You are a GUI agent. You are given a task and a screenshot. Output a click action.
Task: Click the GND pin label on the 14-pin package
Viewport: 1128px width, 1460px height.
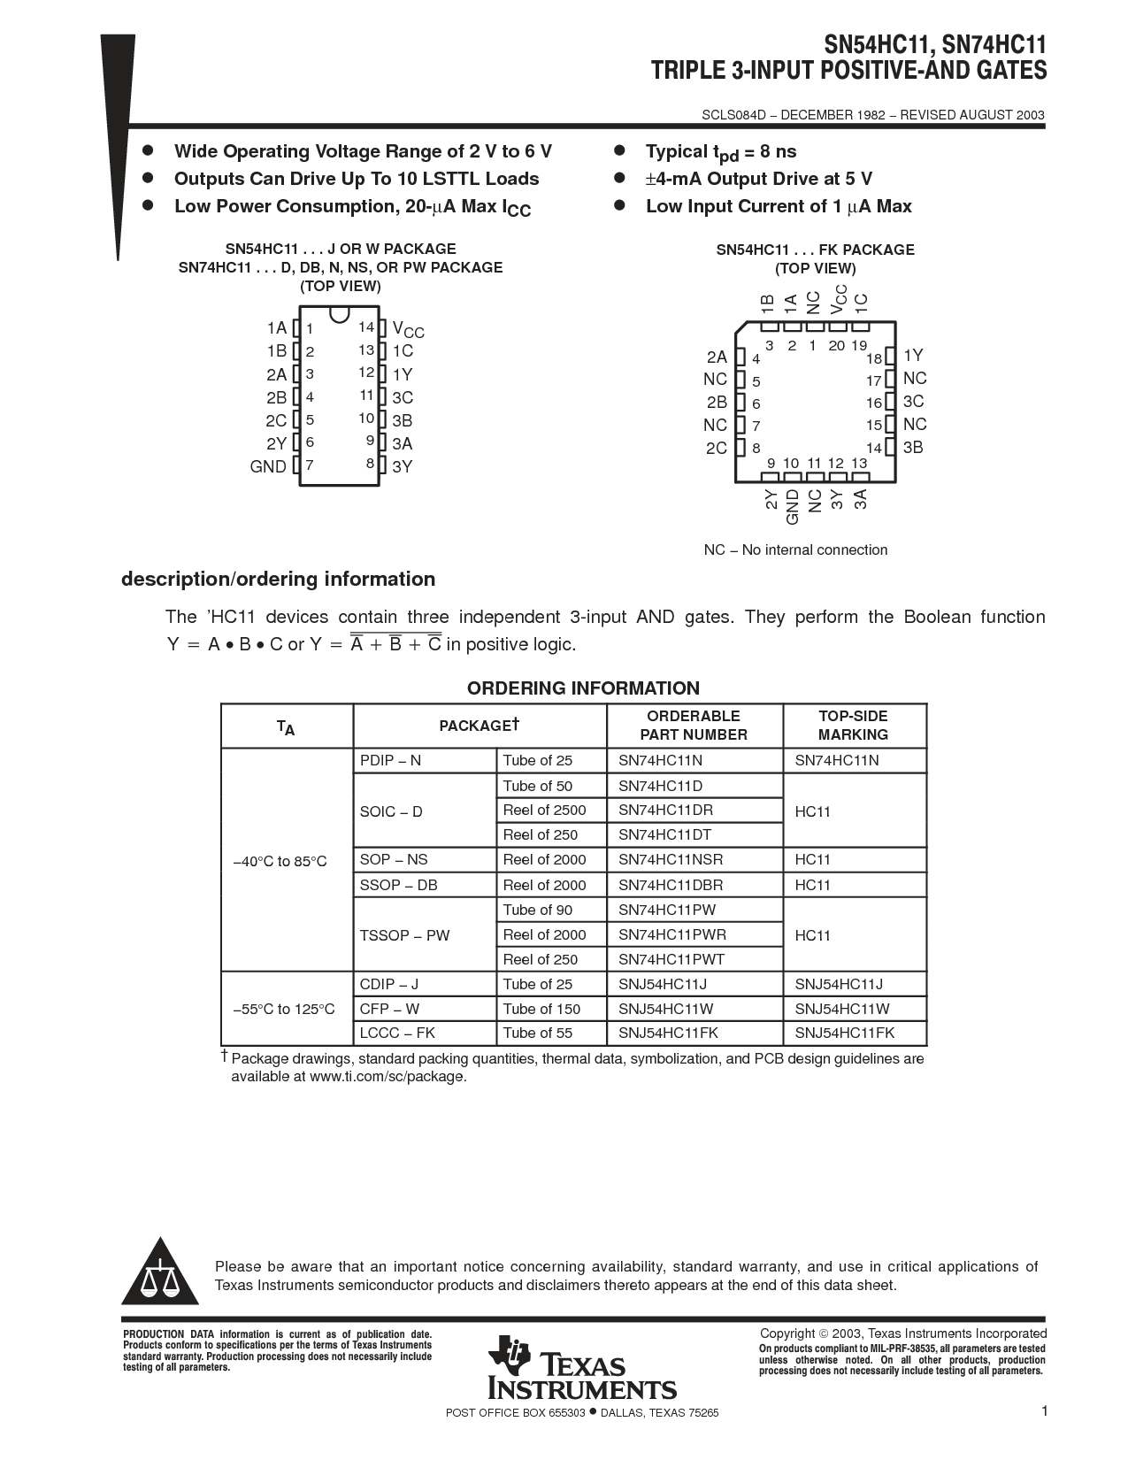coord(268,466)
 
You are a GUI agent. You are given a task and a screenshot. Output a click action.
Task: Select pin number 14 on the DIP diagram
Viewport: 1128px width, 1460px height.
coord(366,327)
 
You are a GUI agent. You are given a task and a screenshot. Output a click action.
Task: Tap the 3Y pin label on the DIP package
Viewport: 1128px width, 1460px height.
coord(403,466)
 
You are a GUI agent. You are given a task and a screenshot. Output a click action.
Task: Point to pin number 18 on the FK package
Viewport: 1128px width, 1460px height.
coord(874,358)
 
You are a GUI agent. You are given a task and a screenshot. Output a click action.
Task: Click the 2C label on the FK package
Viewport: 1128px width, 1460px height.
coord(717,448)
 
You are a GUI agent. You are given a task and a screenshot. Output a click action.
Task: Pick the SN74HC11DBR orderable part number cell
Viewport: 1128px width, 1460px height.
coord(671,885)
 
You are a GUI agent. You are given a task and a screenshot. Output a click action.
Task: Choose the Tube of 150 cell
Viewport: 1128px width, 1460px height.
coord(541,1009)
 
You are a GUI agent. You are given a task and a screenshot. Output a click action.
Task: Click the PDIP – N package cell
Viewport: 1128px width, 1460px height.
coord(390,760)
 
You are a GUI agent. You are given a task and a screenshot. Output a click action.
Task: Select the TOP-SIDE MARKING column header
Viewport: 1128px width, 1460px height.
coord(853,726)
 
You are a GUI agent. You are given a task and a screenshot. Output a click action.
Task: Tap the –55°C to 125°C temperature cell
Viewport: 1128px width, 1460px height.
coord(284,1009)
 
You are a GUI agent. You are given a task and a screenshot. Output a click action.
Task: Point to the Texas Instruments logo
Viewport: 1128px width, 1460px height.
coord(582,1367)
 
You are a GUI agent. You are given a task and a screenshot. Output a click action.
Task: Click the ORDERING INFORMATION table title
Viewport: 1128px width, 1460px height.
coord(583,688)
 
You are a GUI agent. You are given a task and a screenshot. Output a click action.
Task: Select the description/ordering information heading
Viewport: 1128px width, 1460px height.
coord(278,579)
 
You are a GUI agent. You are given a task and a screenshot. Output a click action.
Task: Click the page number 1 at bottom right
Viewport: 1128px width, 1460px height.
coord(1045,1411)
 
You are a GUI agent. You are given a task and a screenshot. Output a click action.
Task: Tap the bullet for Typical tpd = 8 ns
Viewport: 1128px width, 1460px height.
coord(620,150)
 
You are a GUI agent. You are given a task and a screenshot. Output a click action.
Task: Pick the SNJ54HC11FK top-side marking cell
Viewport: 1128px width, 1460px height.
coord(845,1033)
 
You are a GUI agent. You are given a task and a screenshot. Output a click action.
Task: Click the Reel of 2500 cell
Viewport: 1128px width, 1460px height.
coord(544,810)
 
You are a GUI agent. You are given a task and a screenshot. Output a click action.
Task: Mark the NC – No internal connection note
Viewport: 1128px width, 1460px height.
coord(795,549)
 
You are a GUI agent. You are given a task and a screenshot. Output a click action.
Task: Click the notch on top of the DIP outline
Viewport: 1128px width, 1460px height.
coord(339,314)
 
